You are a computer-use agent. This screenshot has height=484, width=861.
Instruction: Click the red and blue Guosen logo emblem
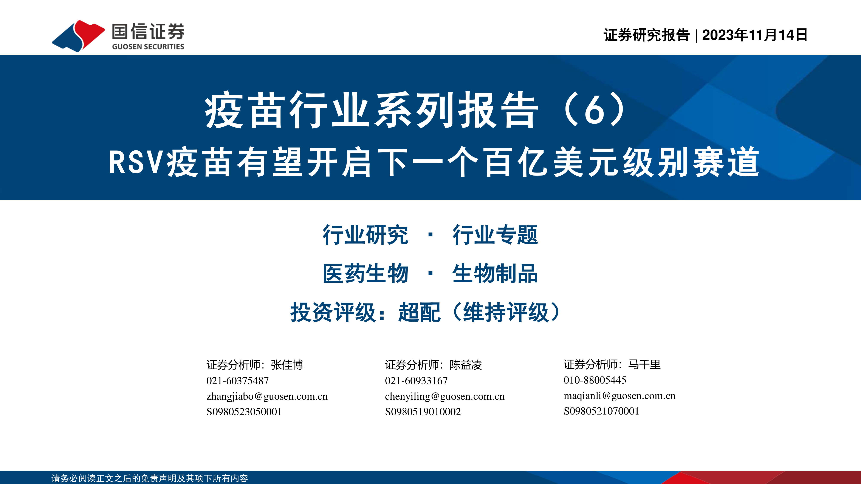pyautogui.click(x=79, y=36)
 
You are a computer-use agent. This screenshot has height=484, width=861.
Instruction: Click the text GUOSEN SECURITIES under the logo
pyautogui.click(x=148, y=47)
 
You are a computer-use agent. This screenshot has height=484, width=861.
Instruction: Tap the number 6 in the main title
pyautogui.click(x=595, y=110)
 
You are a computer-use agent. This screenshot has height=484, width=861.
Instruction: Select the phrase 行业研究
pyautogui.click(x=365, y=235)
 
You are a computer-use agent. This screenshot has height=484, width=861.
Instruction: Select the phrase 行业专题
pyautogui.click(x=495, y=235)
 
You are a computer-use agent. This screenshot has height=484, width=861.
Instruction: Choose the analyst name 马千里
pyautogui.click(x=644, y=364)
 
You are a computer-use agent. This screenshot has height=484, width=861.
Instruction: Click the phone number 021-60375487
pyautogui.click(x=238, y=381)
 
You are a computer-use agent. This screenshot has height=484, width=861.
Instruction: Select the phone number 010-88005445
pyautogui.click(x=595, y=380)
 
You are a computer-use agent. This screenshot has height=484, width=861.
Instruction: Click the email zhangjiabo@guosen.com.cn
pyautogui.click(x=267, y=396)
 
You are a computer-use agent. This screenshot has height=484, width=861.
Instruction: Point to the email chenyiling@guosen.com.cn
pyautogui.click(x=445, y=396)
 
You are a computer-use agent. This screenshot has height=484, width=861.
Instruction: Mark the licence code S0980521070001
pyautogui.click(x=601, y=411)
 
